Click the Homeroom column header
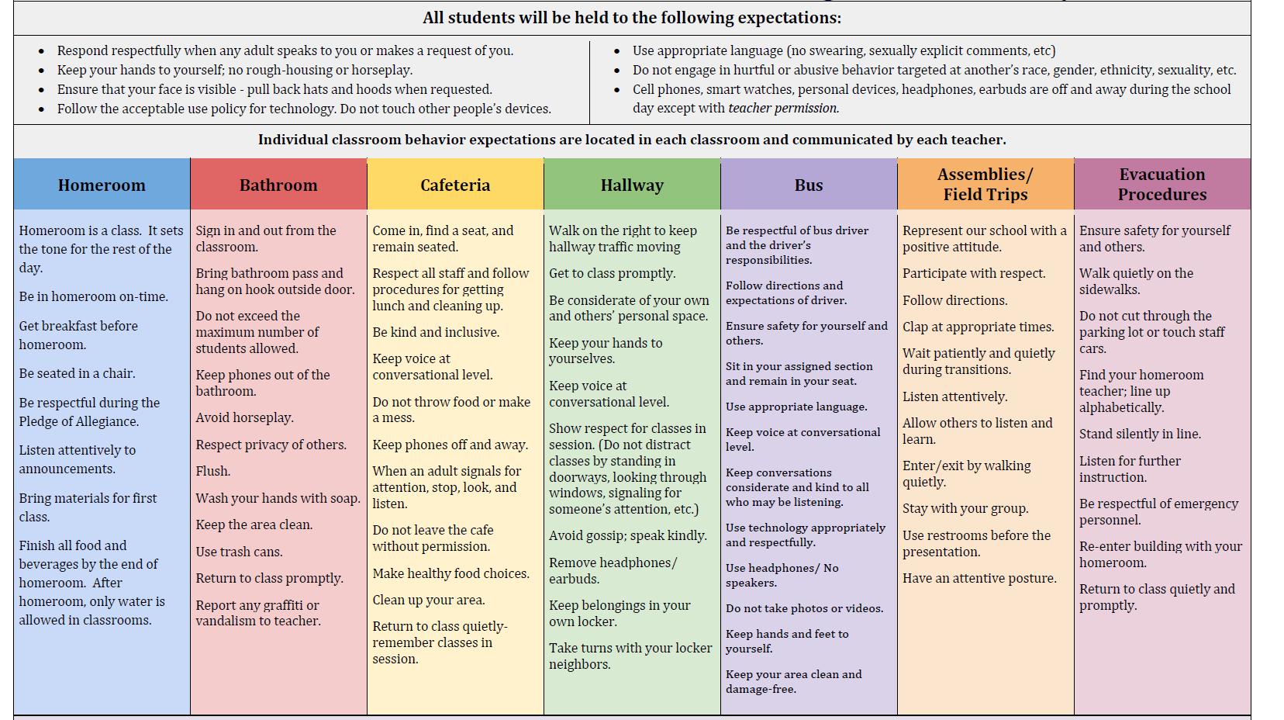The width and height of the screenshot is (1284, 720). (102, 185)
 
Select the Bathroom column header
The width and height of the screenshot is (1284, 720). (278, 185)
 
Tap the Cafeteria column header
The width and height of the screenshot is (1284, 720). (455, 185)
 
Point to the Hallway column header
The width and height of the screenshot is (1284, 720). (632, 185)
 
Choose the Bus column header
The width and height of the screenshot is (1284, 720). (809, 185)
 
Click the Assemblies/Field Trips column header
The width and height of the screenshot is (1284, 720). (985, 184)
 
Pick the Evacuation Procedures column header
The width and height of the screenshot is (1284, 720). (1161, 184)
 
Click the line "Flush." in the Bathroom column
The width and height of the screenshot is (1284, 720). (213, 471)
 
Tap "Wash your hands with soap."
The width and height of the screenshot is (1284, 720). (278, 498)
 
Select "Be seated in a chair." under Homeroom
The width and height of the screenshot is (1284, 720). (77, 373)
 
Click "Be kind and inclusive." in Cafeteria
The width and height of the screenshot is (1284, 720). (436, 332)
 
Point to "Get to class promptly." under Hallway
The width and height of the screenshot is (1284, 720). (612, 273)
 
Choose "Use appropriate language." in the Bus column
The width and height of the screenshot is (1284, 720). (796, 407)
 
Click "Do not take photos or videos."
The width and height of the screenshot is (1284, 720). (804, 608)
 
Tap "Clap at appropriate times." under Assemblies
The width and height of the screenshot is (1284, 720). (978, 327)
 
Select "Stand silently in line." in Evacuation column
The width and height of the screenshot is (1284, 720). (1140, 434)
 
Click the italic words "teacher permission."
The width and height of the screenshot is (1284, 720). (783, 109)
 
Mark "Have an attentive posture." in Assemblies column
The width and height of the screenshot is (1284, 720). (979, 578)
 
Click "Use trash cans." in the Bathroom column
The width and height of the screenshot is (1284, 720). (239, 552)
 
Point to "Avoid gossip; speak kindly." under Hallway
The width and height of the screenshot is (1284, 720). (627, 535)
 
